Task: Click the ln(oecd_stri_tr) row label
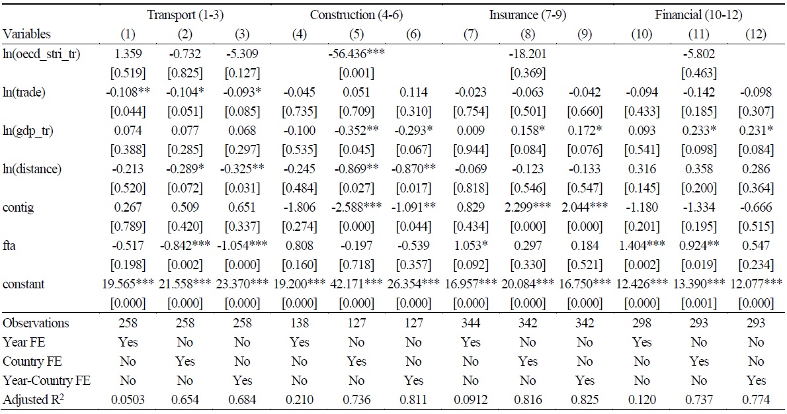click(41, 54)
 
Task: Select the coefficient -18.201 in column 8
click(526, 54)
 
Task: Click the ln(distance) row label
click(32, 169)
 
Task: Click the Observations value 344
click(471, 323)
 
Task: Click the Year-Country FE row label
click(47, 380)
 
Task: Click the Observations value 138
click(299, 323)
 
